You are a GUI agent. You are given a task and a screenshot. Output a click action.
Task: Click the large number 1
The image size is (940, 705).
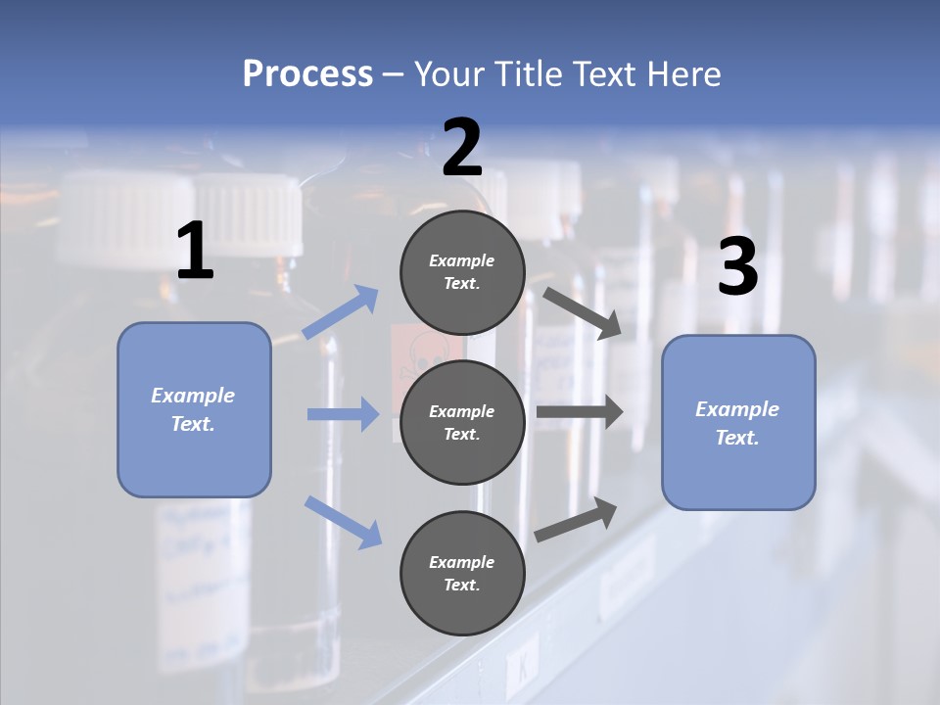[x=195, y=252]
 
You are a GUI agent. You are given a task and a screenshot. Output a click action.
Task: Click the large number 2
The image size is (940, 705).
[x=462, y=149]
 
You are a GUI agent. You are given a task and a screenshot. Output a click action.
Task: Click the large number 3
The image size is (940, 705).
[x=737, y=268]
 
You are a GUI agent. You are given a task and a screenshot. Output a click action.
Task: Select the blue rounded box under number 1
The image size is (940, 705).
[x=194, y=409]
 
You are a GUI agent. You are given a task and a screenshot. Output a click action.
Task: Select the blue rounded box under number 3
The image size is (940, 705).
[x=738, y=423]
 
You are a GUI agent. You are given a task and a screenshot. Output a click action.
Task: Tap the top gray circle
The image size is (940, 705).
[x=462, y=272]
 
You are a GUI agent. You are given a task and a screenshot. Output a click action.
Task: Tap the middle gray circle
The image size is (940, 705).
[x=462, y=422]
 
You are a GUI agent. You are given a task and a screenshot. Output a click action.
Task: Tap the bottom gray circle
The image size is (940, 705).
[x=462, y=573]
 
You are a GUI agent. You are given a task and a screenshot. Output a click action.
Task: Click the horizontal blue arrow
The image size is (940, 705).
[x=343, y=414]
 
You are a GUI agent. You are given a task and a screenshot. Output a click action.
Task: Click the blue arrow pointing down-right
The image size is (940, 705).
[x=343, y=521]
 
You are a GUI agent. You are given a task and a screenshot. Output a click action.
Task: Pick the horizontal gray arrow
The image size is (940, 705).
[x=580, y=412]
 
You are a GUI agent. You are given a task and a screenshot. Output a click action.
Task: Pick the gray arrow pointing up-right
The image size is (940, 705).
[x=577, y=519]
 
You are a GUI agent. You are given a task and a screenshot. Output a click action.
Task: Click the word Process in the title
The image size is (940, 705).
[x=307, y=73]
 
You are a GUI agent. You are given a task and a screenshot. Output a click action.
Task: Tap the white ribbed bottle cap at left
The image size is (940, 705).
[x=251, y=210]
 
